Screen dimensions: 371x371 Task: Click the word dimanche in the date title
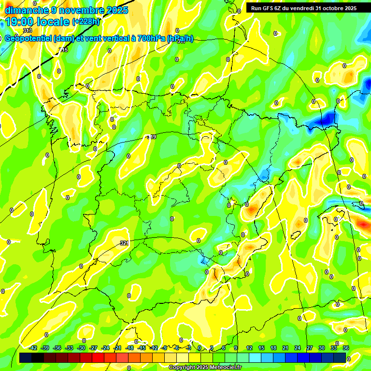click(26, 10)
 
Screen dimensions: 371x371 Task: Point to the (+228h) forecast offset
click(86, 22)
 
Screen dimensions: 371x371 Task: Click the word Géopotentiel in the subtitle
click(29, 39)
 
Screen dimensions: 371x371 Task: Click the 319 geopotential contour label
click(152, 137)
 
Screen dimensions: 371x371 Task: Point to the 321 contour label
click(124, 243)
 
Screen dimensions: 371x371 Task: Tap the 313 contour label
click(27, 30)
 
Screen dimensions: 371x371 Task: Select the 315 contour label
click(64, 50)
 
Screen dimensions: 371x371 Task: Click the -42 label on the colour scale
click(33, 348)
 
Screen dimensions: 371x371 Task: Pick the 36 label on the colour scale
click(346, 348)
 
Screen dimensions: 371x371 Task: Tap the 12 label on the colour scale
click(249, 348)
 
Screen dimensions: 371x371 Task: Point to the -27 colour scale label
click(93, 348)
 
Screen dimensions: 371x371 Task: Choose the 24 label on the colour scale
click(298, 348)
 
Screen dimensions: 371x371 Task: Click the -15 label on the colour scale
click(142, 348)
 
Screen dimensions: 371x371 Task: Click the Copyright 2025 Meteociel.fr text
click(205, 368)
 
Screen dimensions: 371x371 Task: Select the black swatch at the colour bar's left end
click(26, 357)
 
